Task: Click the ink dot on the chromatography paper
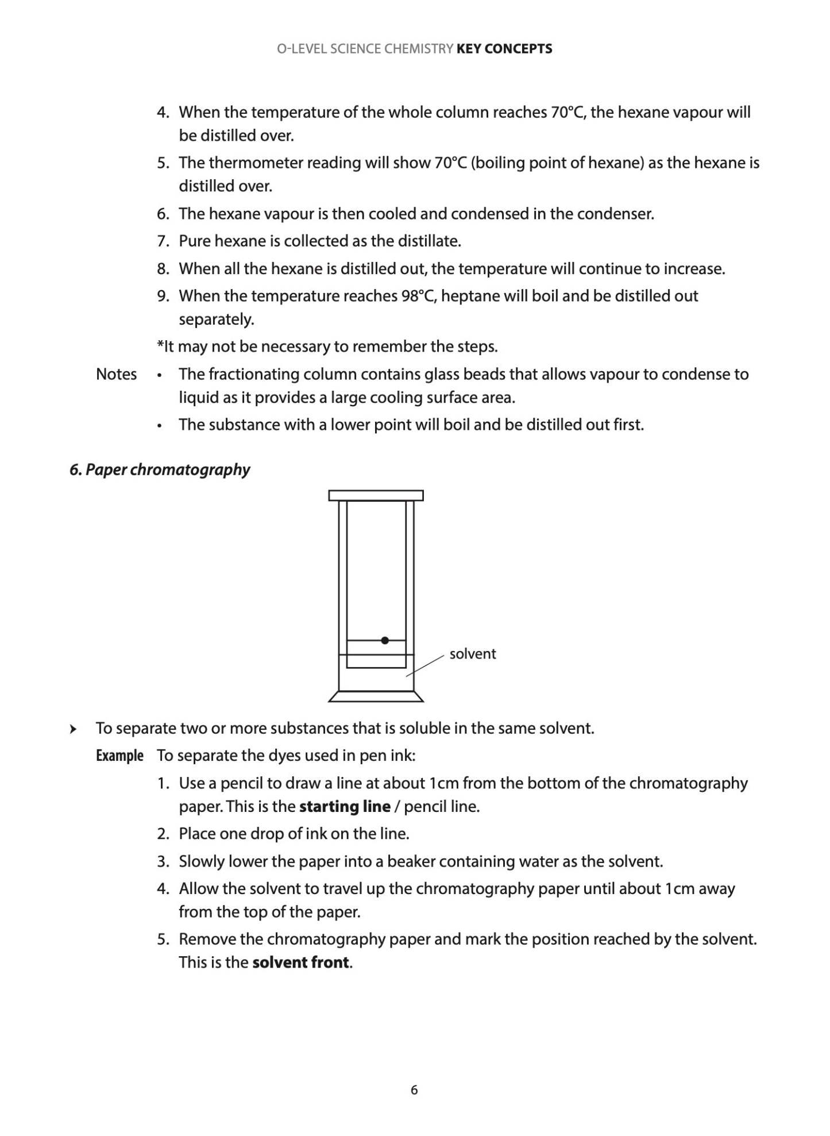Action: (385, 640)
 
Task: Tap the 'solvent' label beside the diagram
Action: (472, 654)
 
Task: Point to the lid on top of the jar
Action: (376, 495)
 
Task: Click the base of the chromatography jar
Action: (376, 696)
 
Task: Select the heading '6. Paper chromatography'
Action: (160, 469)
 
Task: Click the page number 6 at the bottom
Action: (414, 1090)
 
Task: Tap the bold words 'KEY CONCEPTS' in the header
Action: (504, 49)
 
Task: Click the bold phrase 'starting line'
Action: (345, 807)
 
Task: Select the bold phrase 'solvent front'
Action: (301, 962)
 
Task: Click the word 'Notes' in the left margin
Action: (116, 374)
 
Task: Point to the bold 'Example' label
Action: (119, 756)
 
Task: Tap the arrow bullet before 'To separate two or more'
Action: (72, 729)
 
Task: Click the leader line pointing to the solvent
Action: (425, 665)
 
